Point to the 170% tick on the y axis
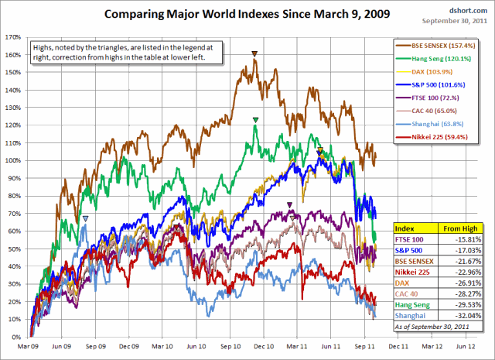point(12,36)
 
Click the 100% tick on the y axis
point(12,160)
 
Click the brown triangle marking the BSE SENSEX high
point(254,53)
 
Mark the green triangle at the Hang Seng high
point(255,119)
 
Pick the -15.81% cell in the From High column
point(473,239)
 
